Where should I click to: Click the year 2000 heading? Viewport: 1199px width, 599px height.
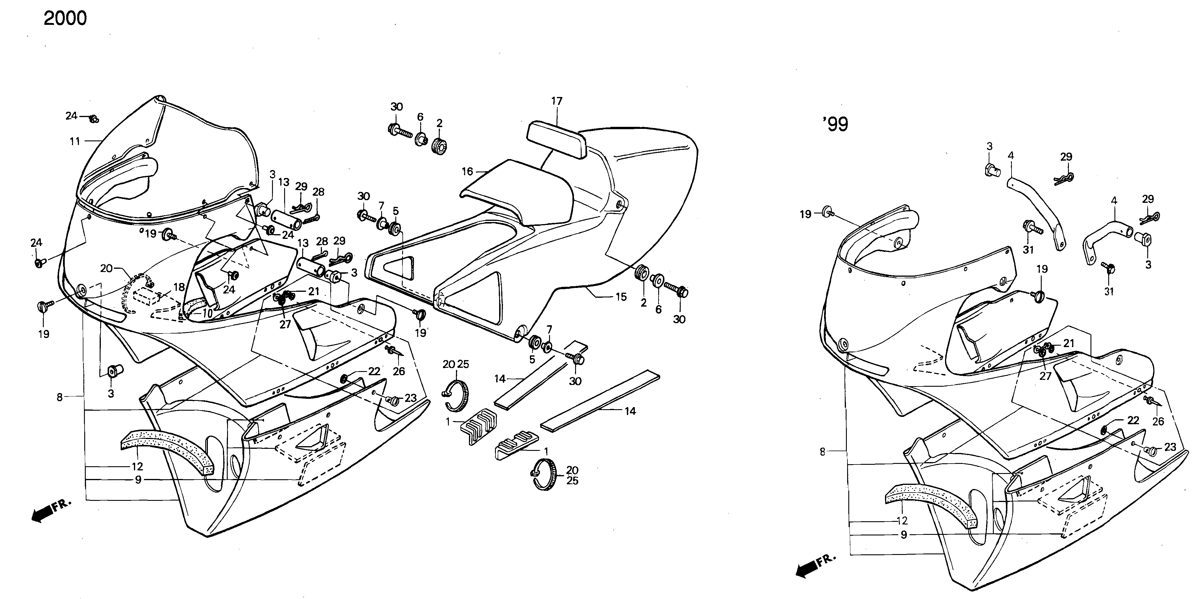(65, 19)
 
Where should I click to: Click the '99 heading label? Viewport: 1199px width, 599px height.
(835, 124)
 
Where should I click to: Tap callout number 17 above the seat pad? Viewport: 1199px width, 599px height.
(557, 101)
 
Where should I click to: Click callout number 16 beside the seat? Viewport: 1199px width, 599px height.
(467, 172)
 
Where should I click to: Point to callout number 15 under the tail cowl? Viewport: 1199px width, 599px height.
(621, 297)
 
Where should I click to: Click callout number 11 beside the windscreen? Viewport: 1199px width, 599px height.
(75, 141)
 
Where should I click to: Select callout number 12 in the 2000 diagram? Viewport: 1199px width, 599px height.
(137, 466)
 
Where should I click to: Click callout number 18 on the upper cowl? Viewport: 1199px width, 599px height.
(179, 288)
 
